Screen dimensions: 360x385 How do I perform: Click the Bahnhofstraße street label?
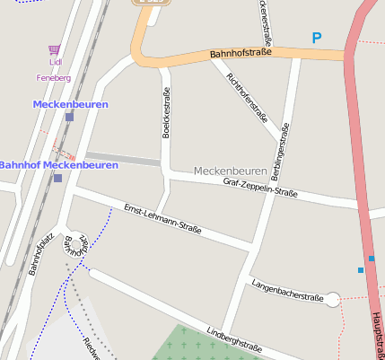(x=241, y=55)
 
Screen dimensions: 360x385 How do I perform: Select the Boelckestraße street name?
(x=166, y=113)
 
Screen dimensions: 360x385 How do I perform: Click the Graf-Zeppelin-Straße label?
(x=259, y=188)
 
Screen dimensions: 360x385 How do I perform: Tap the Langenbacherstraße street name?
(x=287, y=290)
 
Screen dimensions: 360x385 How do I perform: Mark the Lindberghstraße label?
(x=234, y=340)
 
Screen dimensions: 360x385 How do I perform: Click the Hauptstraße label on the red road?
(x=375, y=336)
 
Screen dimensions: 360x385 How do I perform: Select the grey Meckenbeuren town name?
(x=230, y=171)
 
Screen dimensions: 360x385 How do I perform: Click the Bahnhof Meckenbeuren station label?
(x=59, y=165)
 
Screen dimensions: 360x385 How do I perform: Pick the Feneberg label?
(x=54, y=79)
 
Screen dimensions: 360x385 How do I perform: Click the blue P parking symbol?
(x=315, y=38)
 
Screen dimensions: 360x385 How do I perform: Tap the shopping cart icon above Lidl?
(x=56, y=51)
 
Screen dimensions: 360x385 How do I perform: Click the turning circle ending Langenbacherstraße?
(x=333, y=300)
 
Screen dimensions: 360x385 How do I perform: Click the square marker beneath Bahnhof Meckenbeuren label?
(x=57, y=178)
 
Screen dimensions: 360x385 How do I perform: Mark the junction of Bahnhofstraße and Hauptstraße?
(x=349, y=56)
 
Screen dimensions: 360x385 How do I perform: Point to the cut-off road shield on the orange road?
(x=151, y=3)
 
